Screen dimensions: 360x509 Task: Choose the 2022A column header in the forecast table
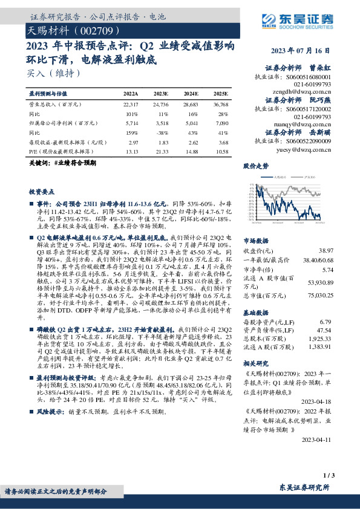[131, 94]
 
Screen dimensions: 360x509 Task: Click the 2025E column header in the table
[221, 94]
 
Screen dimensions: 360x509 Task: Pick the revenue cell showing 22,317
[130, 105]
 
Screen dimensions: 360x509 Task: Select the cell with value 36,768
[220, 105]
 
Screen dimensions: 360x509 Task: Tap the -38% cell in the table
[161, 132]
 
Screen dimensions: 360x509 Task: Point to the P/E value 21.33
[161, 151]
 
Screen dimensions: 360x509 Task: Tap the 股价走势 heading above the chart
[255, 165]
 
